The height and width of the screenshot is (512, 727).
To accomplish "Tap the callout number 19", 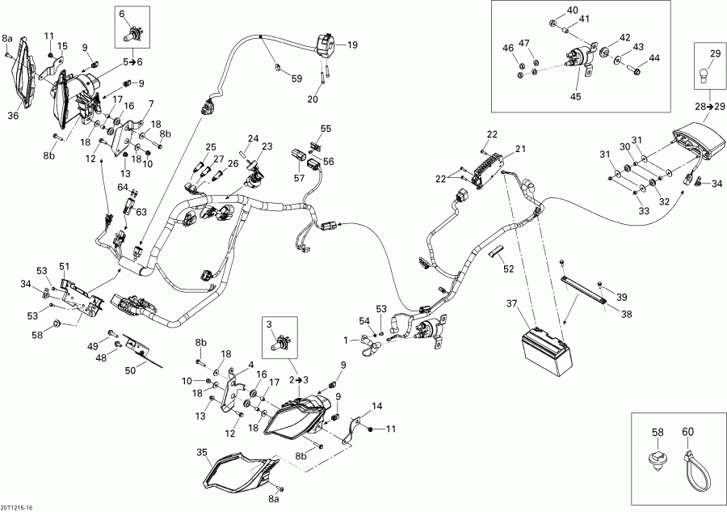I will [x=352, y=46].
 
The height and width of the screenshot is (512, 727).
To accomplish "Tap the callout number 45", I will [x=576, y=98].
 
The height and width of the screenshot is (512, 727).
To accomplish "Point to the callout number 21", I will [x=520, y=149].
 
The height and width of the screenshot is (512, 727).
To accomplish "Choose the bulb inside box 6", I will [x=130, y=35].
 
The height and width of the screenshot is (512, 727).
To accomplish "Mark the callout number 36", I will [x=12, y=116].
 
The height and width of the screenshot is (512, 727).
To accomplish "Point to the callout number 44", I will [x=654, y=57].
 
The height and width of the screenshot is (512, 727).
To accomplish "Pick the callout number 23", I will [x=267, y=146].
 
